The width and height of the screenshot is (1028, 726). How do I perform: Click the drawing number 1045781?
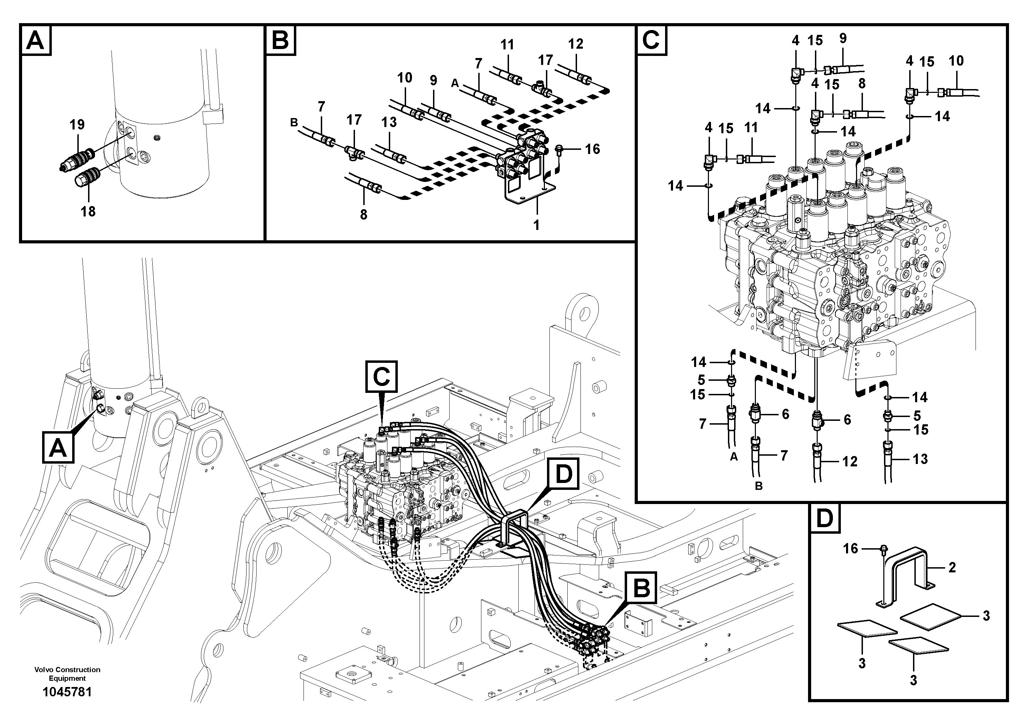(x=67, y=692)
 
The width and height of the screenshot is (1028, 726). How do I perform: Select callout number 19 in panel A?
(x=77, y=124)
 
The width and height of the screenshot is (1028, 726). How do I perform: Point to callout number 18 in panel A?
(x=88, y=211)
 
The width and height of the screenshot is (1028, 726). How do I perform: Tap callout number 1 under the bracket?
(x=536, y=225)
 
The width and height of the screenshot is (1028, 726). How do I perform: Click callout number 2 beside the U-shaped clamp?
(x=952, y=568)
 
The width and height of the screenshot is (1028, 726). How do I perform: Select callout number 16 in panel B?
(x=592, y=149)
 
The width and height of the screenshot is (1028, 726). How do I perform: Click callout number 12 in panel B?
(x=576, y=44)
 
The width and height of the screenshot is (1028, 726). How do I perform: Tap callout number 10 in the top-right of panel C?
(x=956, y=61)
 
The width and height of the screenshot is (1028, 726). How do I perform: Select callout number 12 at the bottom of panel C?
(x=849, y=462)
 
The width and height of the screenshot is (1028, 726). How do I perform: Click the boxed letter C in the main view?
(x=382, y=376)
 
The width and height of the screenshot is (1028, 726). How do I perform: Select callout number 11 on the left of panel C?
(x=751, y=128)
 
